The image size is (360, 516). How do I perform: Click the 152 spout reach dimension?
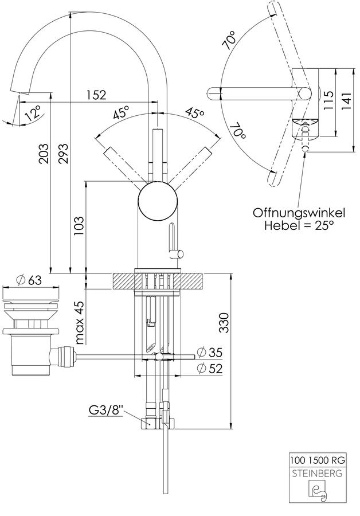[x=96, y=95]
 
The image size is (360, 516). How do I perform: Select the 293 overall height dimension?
[x=64, y=153]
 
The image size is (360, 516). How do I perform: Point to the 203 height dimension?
[x=44, y=153]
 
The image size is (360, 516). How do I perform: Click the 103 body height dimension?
[x=79, y=226]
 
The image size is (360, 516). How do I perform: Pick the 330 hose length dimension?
[x=224, y=322]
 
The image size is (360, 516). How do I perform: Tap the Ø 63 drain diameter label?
[x=29, y=280]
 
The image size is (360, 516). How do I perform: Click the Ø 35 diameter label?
[x=209, y=353]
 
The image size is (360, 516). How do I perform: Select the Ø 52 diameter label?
[x=209, y=368]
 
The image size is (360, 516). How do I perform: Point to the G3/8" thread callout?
[x=106, y=411]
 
